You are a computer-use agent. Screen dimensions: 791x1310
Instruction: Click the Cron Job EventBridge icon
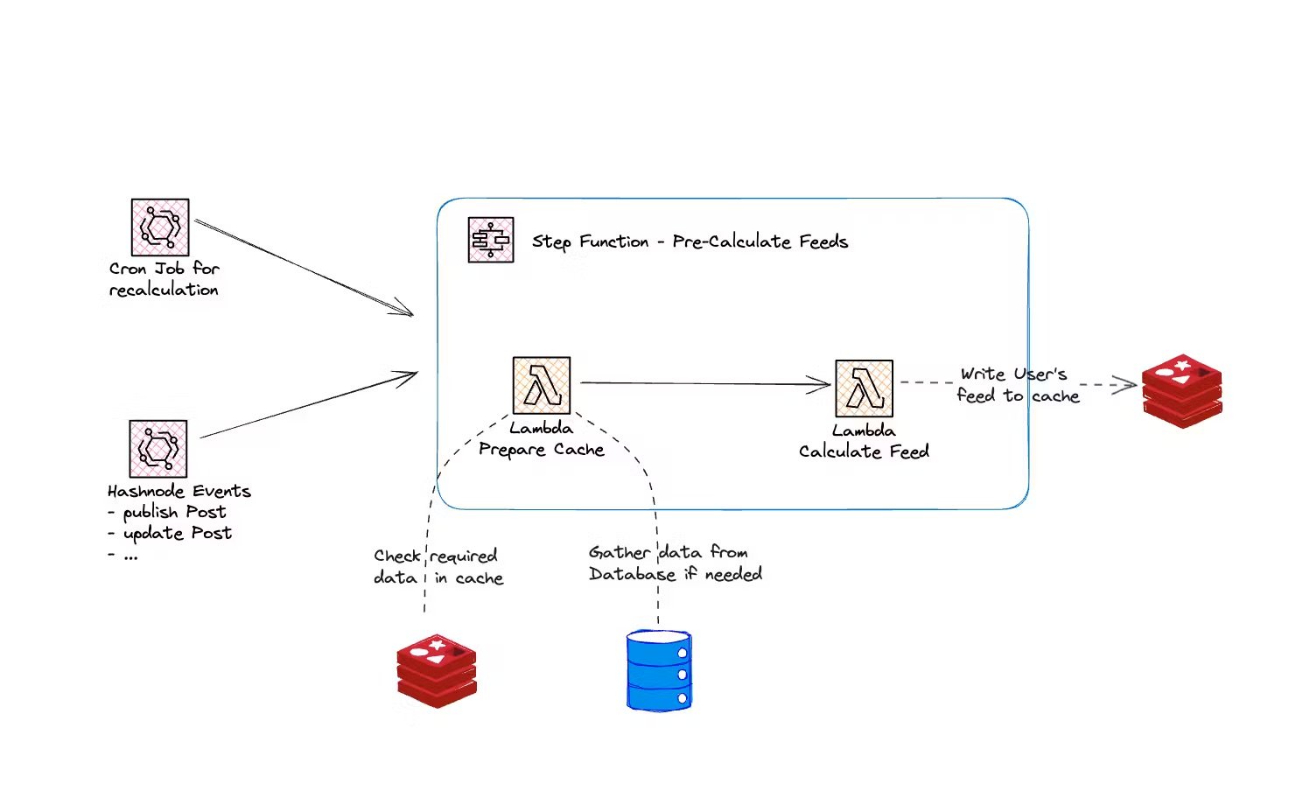[160, 227]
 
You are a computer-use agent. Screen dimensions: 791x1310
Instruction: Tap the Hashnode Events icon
[158, 448]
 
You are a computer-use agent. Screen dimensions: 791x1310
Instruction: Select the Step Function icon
[491, 240]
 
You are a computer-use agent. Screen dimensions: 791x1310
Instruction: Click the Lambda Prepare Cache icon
[542, 385]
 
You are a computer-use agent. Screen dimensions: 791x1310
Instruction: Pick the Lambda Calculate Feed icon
[864, 388]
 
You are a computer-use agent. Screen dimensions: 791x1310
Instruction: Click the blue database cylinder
[659, 670]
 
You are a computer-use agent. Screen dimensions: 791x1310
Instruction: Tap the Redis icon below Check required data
[437, 670]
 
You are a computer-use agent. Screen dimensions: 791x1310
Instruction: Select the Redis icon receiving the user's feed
[1181, 391]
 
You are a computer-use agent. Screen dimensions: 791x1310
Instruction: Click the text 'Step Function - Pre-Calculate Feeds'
[690, 241]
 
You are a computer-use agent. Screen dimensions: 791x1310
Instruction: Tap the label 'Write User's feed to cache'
[1017, 385]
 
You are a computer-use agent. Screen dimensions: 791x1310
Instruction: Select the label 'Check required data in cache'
[438, 567]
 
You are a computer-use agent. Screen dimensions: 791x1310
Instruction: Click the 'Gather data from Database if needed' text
[675, 563]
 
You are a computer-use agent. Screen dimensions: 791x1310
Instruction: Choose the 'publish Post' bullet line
[167, 512]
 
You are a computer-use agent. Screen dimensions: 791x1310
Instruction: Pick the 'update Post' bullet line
[170, 533]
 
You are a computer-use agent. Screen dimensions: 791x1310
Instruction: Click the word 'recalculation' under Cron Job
[164, 290]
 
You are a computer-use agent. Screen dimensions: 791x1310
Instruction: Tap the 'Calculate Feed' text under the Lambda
[864, 451]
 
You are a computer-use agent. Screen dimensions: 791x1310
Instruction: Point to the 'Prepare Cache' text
[541, 450]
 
